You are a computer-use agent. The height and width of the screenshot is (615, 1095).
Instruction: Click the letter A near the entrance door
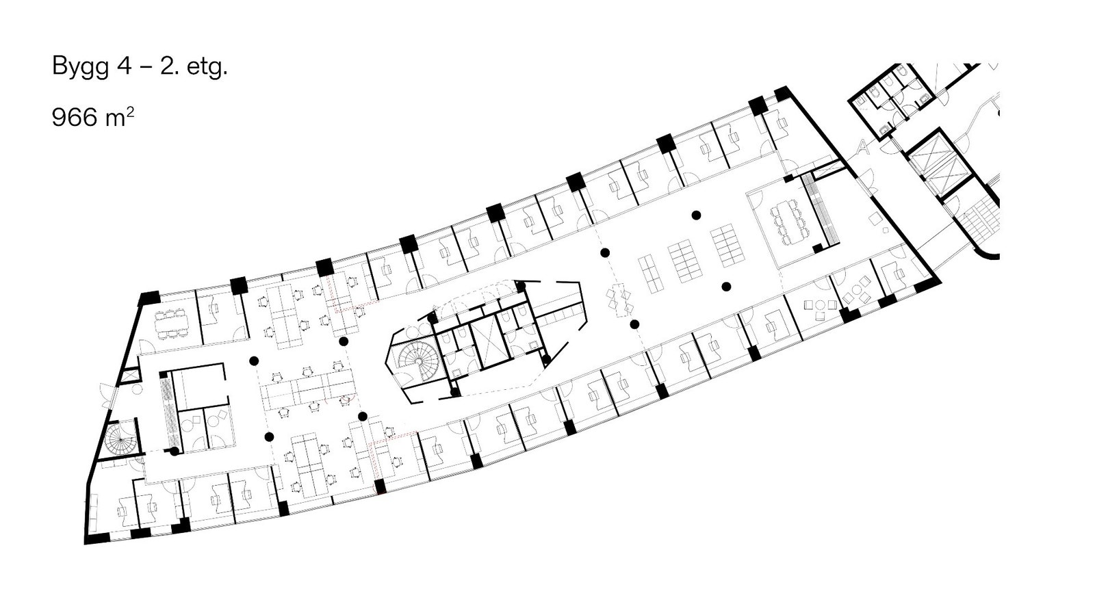point(863,145)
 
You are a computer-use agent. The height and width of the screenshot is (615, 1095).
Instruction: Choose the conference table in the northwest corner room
point(171,321)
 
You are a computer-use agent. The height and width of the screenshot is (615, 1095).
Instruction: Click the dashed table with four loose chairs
point(621,298)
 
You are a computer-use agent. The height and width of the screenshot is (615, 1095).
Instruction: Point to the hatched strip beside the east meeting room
point(820,208)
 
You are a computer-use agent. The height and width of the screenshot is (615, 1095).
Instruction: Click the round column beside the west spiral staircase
point(175,451)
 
